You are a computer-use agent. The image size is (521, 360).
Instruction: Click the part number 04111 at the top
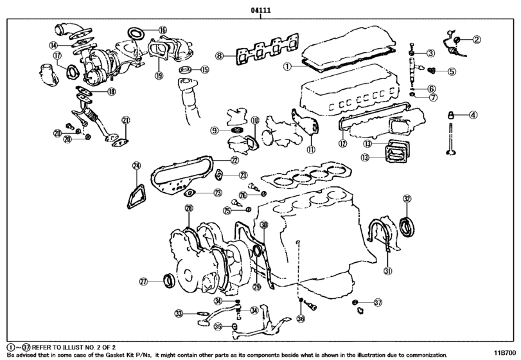(260, 10)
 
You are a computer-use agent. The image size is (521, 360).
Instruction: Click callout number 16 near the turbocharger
(163, 30)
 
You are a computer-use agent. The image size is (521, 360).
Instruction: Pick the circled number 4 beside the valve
(473, 116)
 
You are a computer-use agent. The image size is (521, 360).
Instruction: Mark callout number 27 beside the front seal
(144, 282)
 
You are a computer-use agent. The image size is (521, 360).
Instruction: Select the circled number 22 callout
(234, 160)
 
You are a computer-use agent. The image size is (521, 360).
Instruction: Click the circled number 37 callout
(378, 302)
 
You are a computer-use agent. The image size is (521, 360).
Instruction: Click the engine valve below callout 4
(450, 141)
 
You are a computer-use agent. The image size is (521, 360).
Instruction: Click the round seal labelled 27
(169, 280)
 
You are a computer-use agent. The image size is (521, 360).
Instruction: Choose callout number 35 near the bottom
(218, 327)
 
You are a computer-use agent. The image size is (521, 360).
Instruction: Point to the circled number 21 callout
(126, 120)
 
